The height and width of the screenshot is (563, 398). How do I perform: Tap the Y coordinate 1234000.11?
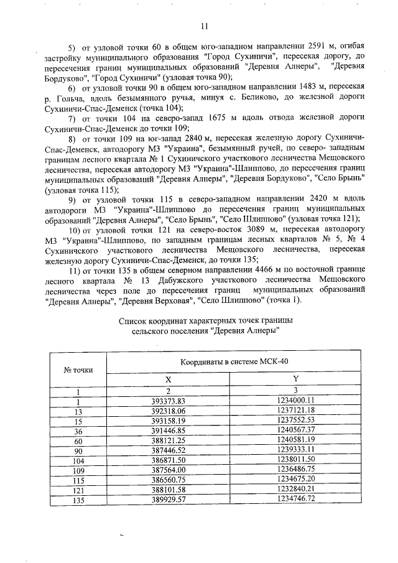(x=295, y=401)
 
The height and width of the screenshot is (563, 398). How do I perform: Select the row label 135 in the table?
(x=78, y=500)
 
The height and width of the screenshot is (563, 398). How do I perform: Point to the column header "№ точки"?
(x=78, y=370)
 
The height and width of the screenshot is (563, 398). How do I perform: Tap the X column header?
(x=168, y=379)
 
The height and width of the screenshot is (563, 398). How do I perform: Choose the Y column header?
(x=295, y=379)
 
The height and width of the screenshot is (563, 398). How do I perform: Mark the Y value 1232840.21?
(x=295, y=490)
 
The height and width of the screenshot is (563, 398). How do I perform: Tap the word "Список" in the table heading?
(x=132, y=320)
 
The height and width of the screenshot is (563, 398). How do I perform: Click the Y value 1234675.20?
(x=295, y=480)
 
